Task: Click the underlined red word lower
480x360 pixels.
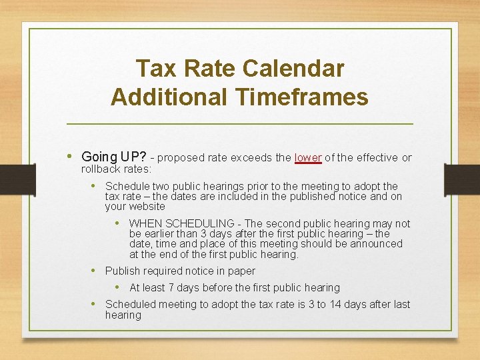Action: pyautogui.click(x=308, y=158)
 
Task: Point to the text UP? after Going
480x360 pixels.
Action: pyautogui.click(x=133, y=158)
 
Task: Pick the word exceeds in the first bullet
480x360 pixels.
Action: pyautogui.click(x=251, y=158)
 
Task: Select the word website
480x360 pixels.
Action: pyautogui.click(x=147, y=207)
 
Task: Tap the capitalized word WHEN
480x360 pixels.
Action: pyautogui.click(x=145, y=223)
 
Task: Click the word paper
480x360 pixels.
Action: pyautogui.click(x=241, y=271)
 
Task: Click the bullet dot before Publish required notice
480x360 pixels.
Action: pyautogui.click(x=95, y=271)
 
